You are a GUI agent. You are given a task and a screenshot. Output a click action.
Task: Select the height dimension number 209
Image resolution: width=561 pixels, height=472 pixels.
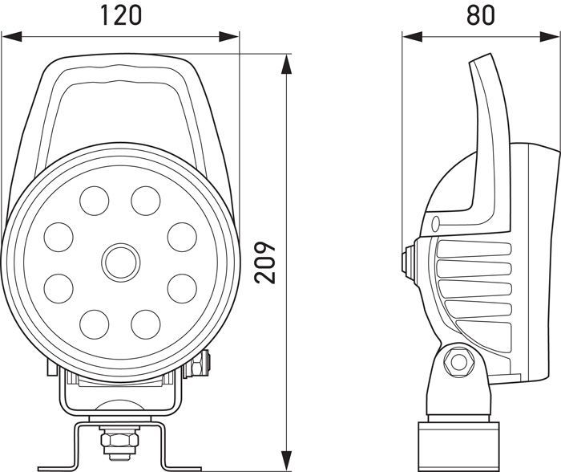coord(265,262)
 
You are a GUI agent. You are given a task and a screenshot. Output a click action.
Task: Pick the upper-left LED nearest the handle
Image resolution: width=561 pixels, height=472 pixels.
coord(95,200)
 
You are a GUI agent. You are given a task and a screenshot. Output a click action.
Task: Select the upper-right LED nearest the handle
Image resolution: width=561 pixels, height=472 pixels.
coord(146,200)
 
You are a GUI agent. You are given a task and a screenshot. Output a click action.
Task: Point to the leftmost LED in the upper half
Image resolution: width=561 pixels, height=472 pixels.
coord(59,236)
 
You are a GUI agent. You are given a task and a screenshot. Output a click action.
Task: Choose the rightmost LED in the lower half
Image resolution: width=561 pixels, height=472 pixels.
coord(182,287)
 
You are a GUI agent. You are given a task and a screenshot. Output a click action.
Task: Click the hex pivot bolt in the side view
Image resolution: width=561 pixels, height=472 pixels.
coord(459,360)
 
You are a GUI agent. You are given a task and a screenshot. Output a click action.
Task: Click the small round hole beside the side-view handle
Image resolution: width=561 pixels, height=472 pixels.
coord(434,222)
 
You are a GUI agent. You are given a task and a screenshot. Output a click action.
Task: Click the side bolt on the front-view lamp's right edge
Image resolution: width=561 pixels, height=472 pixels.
coord(199,364)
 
